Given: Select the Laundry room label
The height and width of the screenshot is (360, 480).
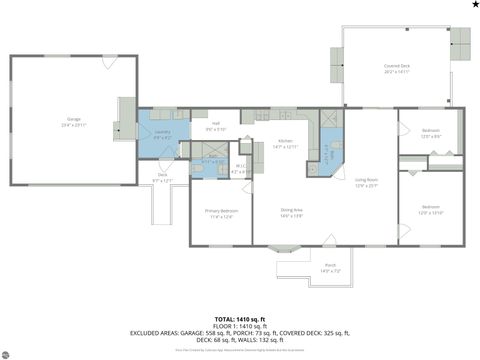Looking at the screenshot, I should tap(161, 132).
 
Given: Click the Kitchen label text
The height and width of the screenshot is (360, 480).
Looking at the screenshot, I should tap(286, 144).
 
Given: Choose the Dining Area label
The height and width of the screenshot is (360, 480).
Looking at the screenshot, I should tap(291, 211).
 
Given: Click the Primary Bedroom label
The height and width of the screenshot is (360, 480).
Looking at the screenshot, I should tap(221, 213).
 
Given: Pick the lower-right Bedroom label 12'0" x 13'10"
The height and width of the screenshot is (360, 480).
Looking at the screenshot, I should tap(430, 212).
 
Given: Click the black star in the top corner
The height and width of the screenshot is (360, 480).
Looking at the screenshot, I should tap(474, 6).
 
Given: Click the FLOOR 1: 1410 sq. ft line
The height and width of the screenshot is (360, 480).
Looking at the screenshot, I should tap(239, 326).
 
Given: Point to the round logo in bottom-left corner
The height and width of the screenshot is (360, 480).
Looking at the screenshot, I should tap(7, 352).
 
